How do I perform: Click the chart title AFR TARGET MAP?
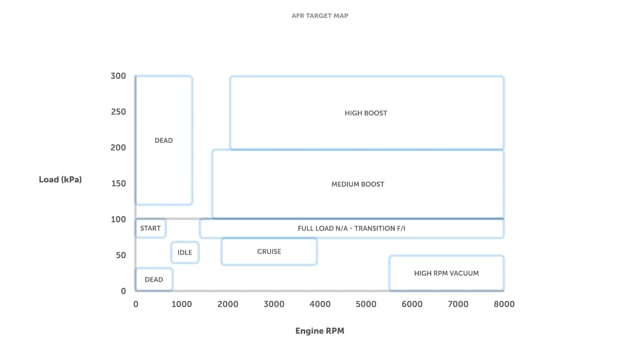pyautogui.click(x=319, y=16)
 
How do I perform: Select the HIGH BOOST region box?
pyautogui.click(x=366, y=113)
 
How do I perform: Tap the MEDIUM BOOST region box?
pyautogui.click(x=357, y=184)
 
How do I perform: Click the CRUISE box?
pyautogui.click(x=269, y=251)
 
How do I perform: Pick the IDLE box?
pyautogui.click(x=185, y=252)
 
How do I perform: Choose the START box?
pyautogui.click(x=150, y=228)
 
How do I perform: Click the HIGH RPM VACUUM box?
pyautogui.click(x=446, y=273)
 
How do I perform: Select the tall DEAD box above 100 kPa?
pyautogui.click(x=164, y=140)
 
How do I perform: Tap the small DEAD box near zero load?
pyautogui.click(x=154, y=280)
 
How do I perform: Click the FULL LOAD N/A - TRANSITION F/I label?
pyautogui.click(x=351, y=228)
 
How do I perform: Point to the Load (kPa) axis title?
pyautogui.click(x=60, y=180)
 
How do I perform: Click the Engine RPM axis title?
pyautogui.click(x=319, y=330)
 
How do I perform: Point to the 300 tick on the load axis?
pyautogui.click(x=118, y=76)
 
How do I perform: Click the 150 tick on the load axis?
pyautogui.click(x=118, y=184)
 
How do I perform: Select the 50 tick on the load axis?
pyautogui.click(x=121, y=255)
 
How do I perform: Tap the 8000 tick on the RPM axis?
pyautogui.click(x=503, y=304)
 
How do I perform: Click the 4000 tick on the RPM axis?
pyautogui.click(x=320, y=304)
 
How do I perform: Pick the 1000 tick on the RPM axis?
pyautogui.click(x=182, y=304)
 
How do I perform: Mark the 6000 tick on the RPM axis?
pyautogui.click(x=412, y=304)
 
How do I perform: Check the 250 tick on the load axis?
pyautogui.click(x=118, y=112)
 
